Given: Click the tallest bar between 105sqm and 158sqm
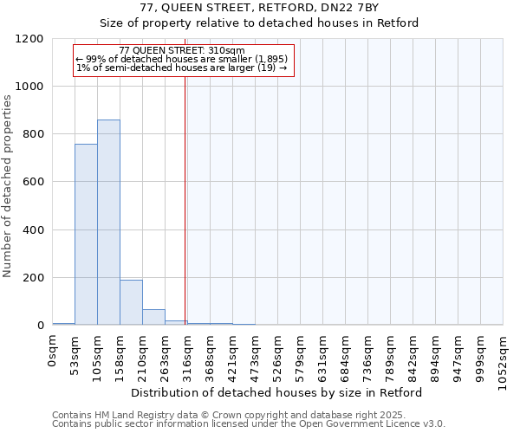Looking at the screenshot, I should [108, 223].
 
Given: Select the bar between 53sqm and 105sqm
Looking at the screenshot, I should [86, 235].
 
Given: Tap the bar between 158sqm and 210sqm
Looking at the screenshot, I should [131, 302].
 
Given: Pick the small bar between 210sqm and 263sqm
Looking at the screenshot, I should [153, 317].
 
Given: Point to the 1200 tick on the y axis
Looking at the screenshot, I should [34, 39].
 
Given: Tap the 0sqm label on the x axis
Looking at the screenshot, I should [53, 351].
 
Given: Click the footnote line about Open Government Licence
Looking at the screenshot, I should [249, 423].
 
